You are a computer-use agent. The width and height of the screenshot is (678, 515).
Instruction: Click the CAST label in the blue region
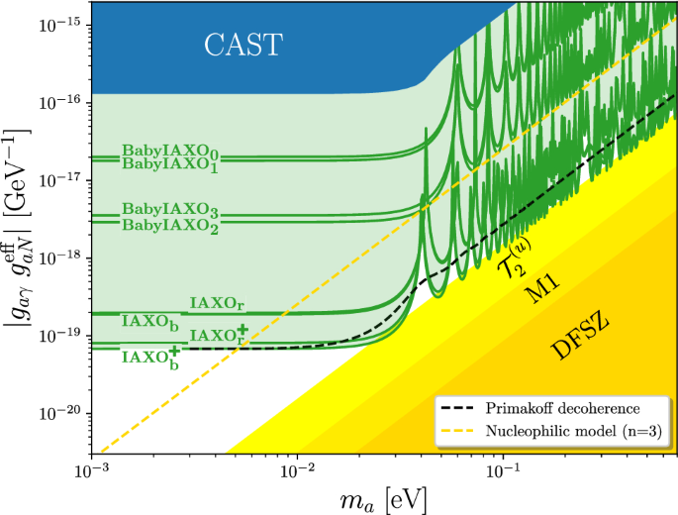tap(243, 44)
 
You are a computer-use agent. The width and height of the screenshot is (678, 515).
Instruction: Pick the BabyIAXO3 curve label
tap(169, 211)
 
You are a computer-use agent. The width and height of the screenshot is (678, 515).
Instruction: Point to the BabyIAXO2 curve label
tap(169, 225)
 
